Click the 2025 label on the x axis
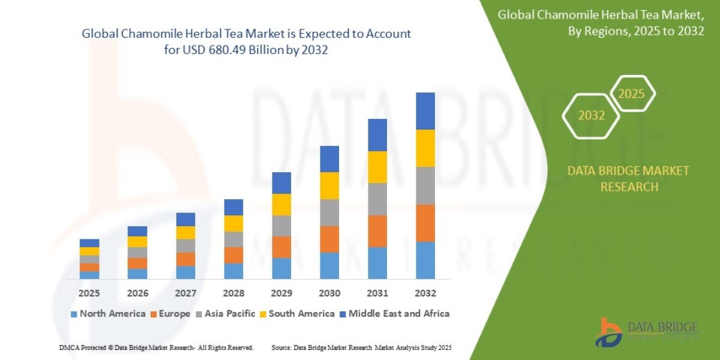pyautogui.click(x=89, y=293)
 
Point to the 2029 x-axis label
pyautogui.click(x=281, y=293)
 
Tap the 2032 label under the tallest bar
pyautogui.click(x=425, y=293)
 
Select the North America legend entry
pyautogui.click(x=108, y=314)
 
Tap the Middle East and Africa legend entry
pyautogui.click(x=394, y=314)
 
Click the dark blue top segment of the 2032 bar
pyautogui.click(x=425, y=111)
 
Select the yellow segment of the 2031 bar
pyautogui.click(x=377, y=167)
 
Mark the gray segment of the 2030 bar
pyautogui.click(x=329, y=212)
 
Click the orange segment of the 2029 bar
pyautogui.click(x=281, y=247)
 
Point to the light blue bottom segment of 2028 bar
pyautogui.click(x=233, y=271)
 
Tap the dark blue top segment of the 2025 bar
pyautogui.click(x=89, y=243)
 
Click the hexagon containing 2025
pyautogui.click(x=631, y=94)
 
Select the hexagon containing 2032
pyautogui.click(x=591, y=116)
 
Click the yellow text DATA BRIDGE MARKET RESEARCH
pyautogui.click(x=628, y=179)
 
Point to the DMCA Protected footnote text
pyautogui.click(x=157, y=348)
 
